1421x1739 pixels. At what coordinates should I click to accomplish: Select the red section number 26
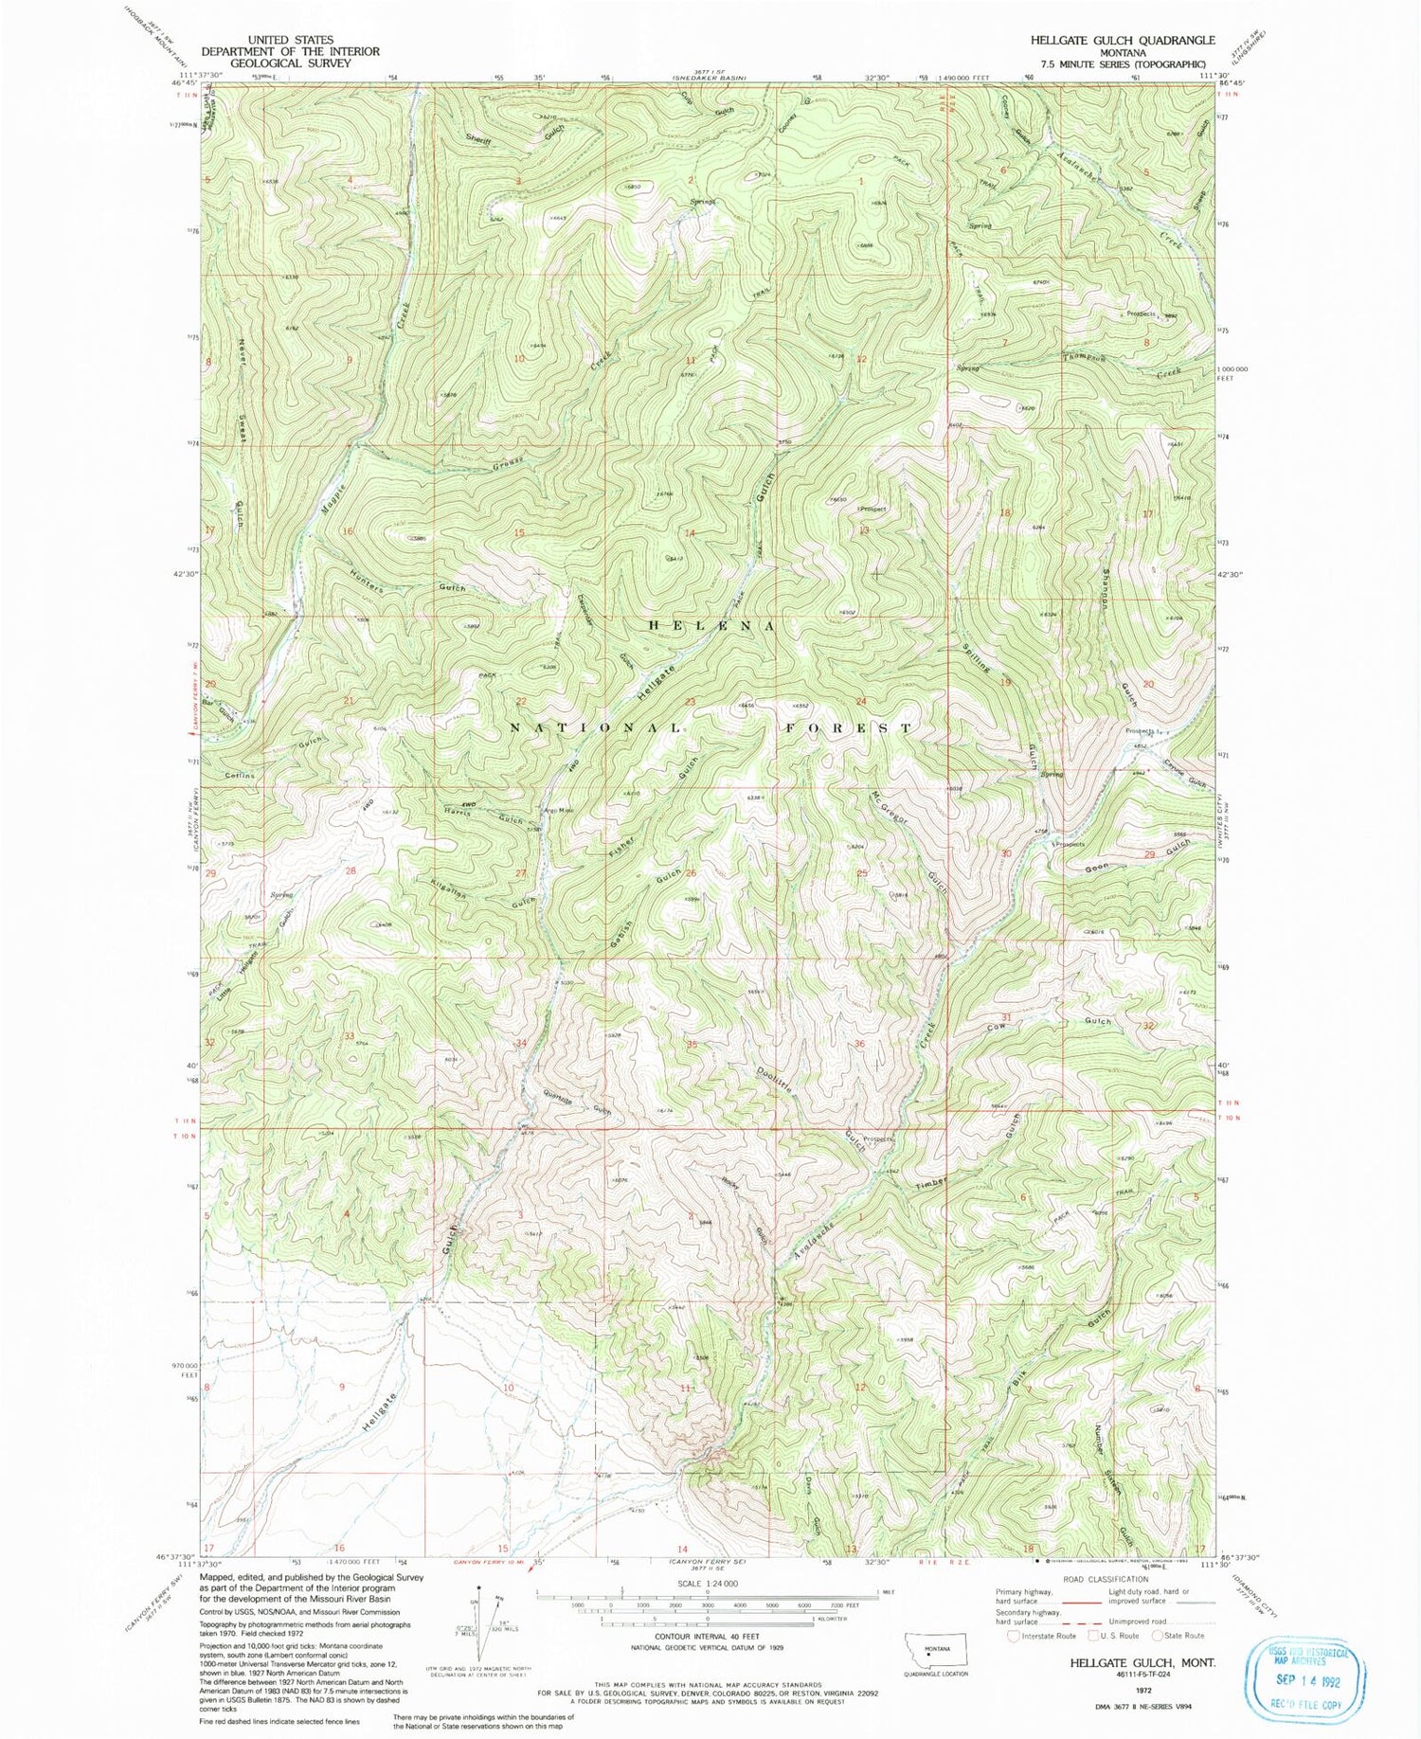(692, 872)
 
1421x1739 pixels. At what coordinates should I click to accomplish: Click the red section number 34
(520, 1044)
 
